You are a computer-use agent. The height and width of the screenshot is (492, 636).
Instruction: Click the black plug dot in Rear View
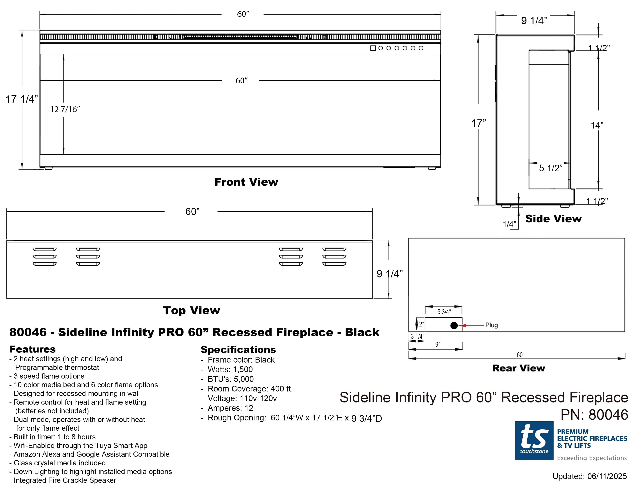tap(454, 325)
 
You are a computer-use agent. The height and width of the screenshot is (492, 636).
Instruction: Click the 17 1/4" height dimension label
tap(22, 99)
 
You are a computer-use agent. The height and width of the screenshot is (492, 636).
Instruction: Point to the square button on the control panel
tap(373, 48)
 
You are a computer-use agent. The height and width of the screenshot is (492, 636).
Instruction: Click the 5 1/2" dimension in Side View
tap(550, 168)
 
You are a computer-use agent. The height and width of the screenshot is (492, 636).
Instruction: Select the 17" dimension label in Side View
tap(479, 123)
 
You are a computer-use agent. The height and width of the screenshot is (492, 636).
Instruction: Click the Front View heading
tap(246, 182)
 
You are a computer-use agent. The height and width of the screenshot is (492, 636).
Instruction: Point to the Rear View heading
tap(518, 368)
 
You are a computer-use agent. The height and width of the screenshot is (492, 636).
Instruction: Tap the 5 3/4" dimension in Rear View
tap(444, 312)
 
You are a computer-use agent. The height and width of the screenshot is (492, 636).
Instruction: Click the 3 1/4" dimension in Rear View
tap(417, 337)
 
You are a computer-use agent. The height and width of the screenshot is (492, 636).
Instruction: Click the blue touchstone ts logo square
tap(534, 440)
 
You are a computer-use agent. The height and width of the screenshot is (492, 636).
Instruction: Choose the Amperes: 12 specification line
tap(230, 408)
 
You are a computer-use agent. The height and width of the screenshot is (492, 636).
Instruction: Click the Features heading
tap(32, 349)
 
